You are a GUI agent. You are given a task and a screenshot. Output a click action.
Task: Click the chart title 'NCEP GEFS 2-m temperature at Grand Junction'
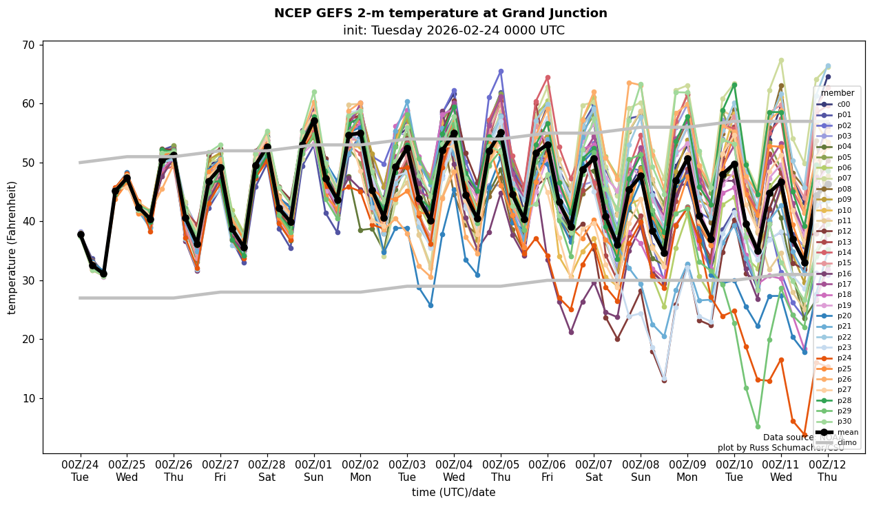[440, 13]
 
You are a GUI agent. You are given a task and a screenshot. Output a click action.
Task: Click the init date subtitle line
[453, 30]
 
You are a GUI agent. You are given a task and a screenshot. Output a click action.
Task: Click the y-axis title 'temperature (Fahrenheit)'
[12, 247]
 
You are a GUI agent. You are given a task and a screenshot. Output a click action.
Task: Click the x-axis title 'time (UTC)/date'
[453, 492]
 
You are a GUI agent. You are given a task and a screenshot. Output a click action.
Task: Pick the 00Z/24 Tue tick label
[80, 471]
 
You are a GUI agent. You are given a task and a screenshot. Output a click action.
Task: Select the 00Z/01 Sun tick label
[314, 471]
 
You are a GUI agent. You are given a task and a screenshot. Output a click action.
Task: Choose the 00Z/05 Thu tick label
[501, 471]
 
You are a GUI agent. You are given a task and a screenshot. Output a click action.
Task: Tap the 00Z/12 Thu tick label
[828, 471]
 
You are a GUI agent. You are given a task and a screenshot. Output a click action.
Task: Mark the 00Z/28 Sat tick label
[267, 471]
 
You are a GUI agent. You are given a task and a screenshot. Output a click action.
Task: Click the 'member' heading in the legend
[838, 93]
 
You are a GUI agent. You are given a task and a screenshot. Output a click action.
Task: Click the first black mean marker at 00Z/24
[81, 234]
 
